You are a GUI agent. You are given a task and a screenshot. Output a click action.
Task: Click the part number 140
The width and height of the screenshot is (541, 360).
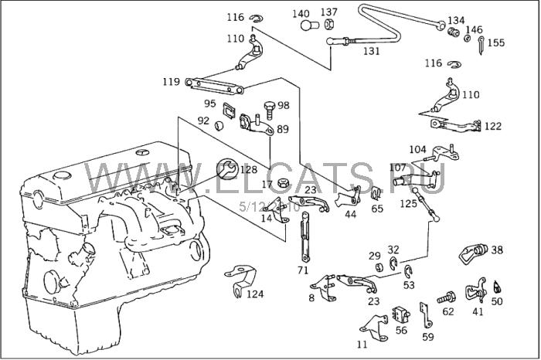click(300, 13)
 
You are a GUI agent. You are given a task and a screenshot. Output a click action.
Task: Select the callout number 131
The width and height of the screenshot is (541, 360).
click(372, 51)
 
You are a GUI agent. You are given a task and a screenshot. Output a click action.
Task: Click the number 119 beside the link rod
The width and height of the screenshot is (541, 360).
click(171, 81)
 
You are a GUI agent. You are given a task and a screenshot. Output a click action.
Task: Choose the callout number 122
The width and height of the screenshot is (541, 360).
click(493, 125)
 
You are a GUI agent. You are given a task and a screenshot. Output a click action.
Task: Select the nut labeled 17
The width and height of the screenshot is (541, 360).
click(284, 184)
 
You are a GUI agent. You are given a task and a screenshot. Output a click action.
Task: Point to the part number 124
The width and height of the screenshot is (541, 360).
click(255, 294)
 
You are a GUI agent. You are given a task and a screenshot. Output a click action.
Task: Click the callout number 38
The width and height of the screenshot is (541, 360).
click(497, 250)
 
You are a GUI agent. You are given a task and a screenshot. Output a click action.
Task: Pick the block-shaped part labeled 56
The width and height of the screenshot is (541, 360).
click(400, 314)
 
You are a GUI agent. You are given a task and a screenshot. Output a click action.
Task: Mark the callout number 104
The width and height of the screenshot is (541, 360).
click(417, 149)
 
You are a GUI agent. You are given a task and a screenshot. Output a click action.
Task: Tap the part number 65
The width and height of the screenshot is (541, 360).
click(377, 208)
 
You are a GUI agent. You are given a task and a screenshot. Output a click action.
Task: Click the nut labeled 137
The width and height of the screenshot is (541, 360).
click(328, 25)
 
